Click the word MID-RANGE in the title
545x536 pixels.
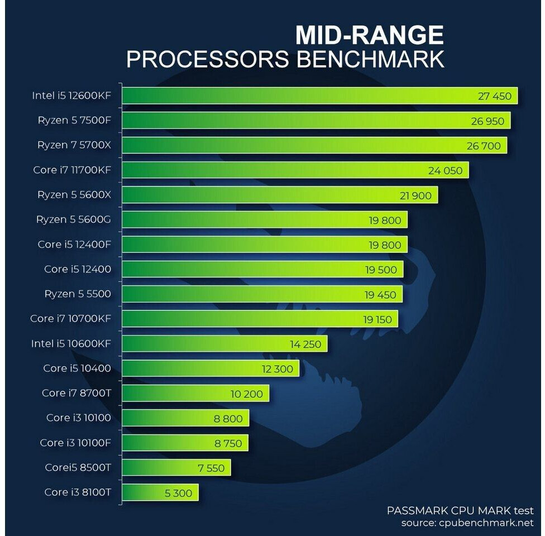[369, 35]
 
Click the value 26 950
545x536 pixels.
[487, 121]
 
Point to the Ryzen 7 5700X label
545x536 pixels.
[74, 145]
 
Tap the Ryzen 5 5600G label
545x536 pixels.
[74, 219]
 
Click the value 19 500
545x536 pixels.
[381, 270]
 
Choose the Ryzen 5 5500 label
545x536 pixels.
[78, 294]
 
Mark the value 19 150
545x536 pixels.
[378, 319]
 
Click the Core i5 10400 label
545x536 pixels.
[77, 368]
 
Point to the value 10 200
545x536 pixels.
[246, 394]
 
